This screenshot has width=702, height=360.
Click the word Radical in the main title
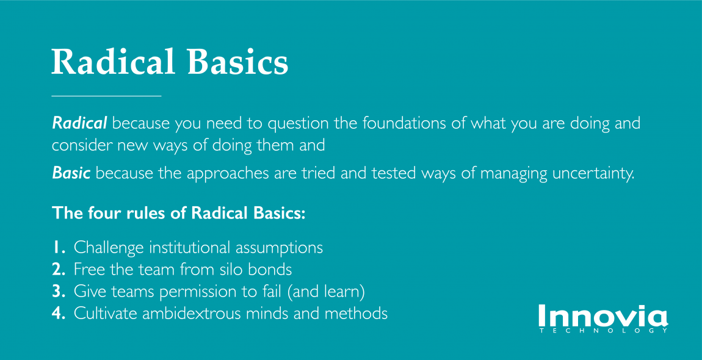coord(113,62)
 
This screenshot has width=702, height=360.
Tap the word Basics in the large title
coord(237,62)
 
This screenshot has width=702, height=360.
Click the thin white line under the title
coord(106,96)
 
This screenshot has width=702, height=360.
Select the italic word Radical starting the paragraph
coord(79,123)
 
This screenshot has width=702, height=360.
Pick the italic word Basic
coord(71,173)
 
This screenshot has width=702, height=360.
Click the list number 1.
coord(59,247)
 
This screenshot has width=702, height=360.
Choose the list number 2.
coord(59,269)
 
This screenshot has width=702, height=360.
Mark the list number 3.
coord(59,291)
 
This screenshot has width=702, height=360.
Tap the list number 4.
coord(59,313)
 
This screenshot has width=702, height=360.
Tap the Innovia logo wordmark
coord(602,315)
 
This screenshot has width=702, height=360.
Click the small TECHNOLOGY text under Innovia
coord(604,331)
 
